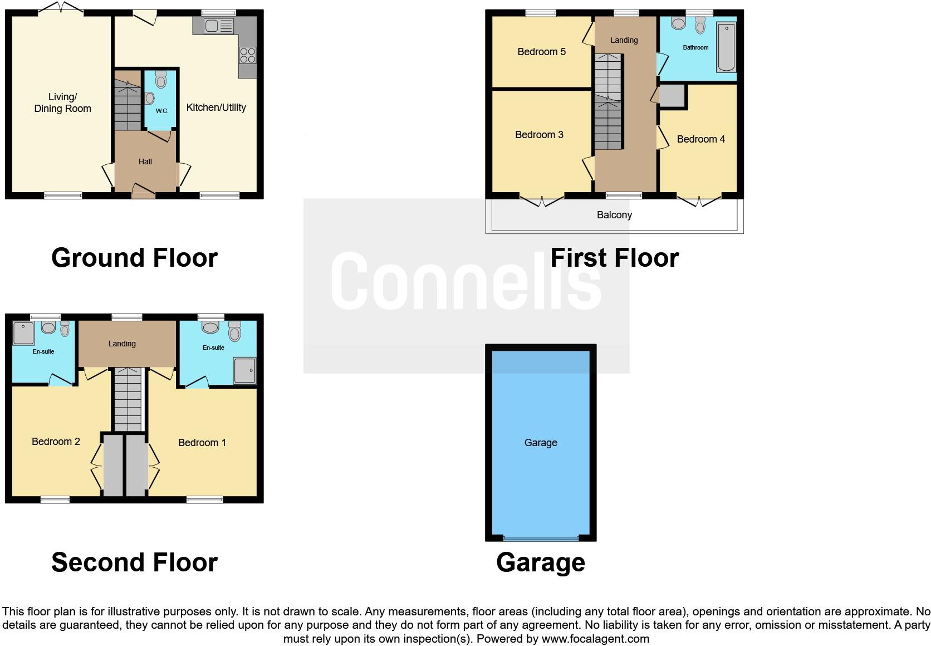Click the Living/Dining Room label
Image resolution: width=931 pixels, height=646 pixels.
click(62, 103)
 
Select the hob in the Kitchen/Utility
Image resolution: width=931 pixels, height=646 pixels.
click(248, 55)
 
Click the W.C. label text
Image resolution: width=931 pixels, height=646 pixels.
click(161, 111)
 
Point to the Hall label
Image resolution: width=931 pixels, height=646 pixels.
click(145, 161)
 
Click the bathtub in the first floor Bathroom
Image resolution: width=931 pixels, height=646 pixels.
click(726, 47)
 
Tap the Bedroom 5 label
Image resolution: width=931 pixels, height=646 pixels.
click(541, 52)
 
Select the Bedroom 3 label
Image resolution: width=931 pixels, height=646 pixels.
click(539, 134)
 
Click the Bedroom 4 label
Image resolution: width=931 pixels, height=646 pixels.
click(700, 139)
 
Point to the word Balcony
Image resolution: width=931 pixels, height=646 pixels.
click(614, 215)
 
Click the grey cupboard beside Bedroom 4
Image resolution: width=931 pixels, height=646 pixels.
click(672, 96)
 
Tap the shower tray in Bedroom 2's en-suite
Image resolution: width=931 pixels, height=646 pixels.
click(24, 333)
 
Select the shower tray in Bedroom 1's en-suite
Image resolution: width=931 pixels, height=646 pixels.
click(244, 370)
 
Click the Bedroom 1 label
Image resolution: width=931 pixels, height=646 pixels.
click(202, 443)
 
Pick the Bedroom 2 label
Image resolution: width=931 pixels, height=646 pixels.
click(56, 442)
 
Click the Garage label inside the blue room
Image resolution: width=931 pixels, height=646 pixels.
click(540, 443)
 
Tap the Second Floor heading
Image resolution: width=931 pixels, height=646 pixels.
click(134, 562)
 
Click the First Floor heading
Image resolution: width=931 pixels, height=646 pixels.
click(614, 258)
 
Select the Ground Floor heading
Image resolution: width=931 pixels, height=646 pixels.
click(134, 258)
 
